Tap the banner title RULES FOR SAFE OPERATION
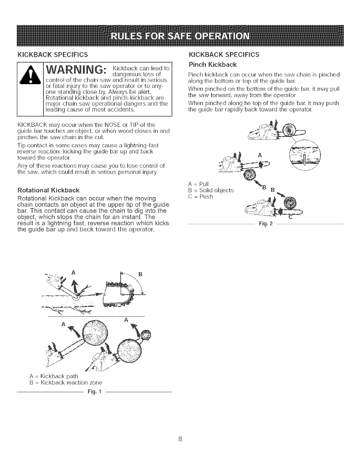[180, 30]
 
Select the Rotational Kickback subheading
[49, 189]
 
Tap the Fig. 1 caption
[94, 392]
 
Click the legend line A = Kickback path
[54, 376]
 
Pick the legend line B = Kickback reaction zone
[66, 383]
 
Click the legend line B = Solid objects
[211, 190]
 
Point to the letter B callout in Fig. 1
[140, 274]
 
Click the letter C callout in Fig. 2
[290, 217]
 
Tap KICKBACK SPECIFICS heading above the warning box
[53, 55]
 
